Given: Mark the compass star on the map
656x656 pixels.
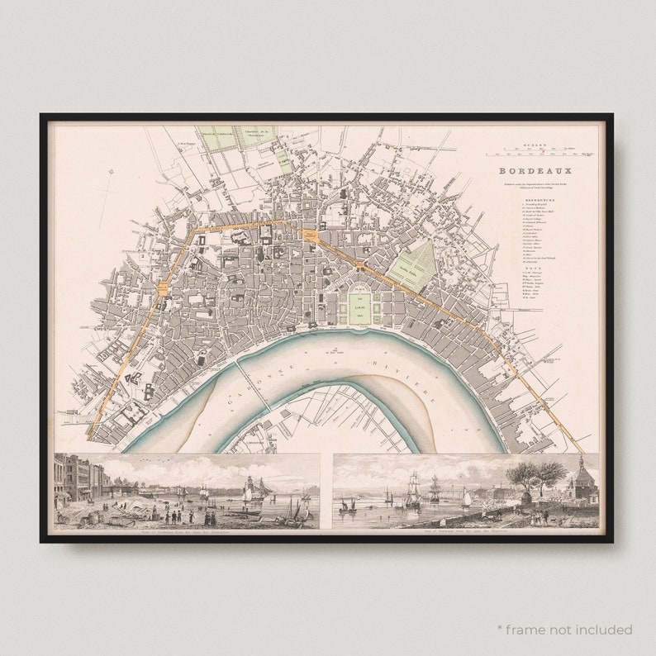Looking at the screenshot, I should point(112,172).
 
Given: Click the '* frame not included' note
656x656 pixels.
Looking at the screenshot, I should point(565,630).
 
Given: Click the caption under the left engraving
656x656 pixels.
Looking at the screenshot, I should point(186,531).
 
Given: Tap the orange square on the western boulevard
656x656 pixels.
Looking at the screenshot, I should point(164,288).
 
